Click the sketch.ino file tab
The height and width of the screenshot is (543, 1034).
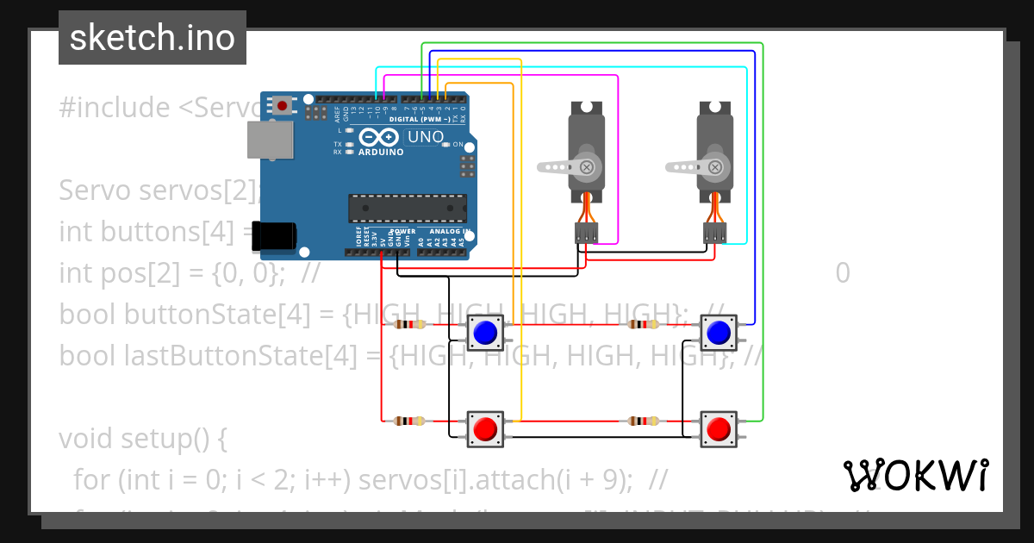click(152, 38)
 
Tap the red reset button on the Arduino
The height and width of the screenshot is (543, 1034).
click(282, 106)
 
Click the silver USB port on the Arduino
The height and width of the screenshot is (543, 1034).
click(270, 140)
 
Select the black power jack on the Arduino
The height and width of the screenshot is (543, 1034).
click(275, 237)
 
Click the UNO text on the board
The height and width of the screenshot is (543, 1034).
click(425, 137)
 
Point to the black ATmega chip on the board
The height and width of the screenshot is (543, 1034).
click(407, 209)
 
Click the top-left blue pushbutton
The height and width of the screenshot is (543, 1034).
click(486, 332)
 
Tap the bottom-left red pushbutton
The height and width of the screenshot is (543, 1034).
click(486, 428)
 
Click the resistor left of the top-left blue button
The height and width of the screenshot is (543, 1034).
click(409, 325)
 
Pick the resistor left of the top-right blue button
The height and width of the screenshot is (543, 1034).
click(643, 325)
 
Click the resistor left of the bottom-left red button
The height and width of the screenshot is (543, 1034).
click(409, 421)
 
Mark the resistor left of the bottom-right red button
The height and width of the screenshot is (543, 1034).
click(643, 421)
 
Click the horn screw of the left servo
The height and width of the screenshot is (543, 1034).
click(587, 167)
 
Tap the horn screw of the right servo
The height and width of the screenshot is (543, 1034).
click(714, 167)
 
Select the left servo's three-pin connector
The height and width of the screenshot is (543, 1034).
click(587, 233)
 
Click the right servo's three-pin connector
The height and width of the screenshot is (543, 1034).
click(714, 233)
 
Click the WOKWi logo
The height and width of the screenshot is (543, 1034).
click(915, 475)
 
